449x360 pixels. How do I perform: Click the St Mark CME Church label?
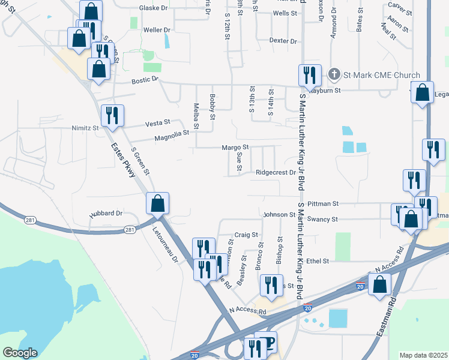click(x=381, y=75)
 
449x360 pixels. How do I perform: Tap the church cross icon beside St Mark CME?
click(x=334, y=75)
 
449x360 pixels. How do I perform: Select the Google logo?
click(x=20, y=352)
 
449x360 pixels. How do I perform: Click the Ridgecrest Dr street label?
click(x=276, y=172)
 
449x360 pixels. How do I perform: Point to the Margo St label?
click(x=235, y=147)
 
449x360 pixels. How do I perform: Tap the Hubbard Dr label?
click(x=106, y=213)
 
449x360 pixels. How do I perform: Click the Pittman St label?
click(x=324, y=204)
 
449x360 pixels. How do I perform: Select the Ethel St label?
click(x=318, y=262)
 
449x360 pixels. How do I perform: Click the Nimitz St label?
click(x=83, y=128)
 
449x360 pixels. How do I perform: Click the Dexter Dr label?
click(x=283, y=41)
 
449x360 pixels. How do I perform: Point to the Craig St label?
click(x=246, y=235)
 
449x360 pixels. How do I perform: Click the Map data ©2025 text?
click(x=423, y=355)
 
